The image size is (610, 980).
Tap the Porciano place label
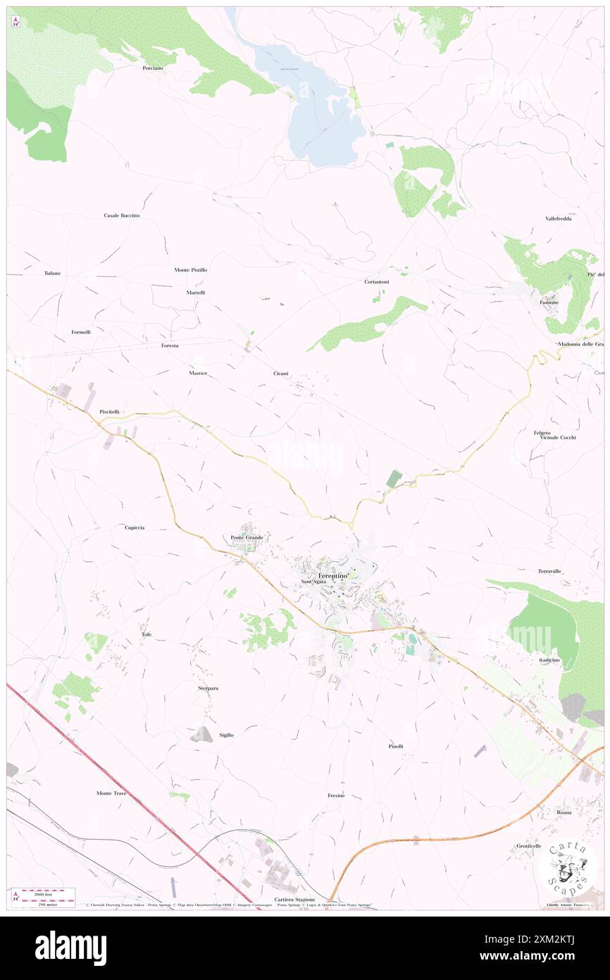pos(152,68)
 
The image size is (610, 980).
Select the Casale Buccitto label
pos(122,215)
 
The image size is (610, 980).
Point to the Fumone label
pos(549,302)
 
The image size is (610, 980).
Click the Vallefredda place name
pos(558,219)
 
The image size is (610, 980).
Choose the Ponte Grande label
pos(247,538)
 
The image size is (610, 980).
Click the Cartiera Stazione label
pos(294,900)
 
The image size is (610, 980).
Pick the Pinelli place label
pos(396,746)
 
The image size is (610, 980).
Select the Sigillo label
pos(226,735)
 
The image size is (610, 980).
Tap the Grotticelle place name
pos(528,846)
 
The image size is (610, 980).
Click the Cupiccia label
pos(135,527)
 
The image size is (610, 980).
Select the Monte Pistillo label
pos(191,270)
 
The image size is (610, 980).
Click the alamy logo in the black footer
pos(70,948)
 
